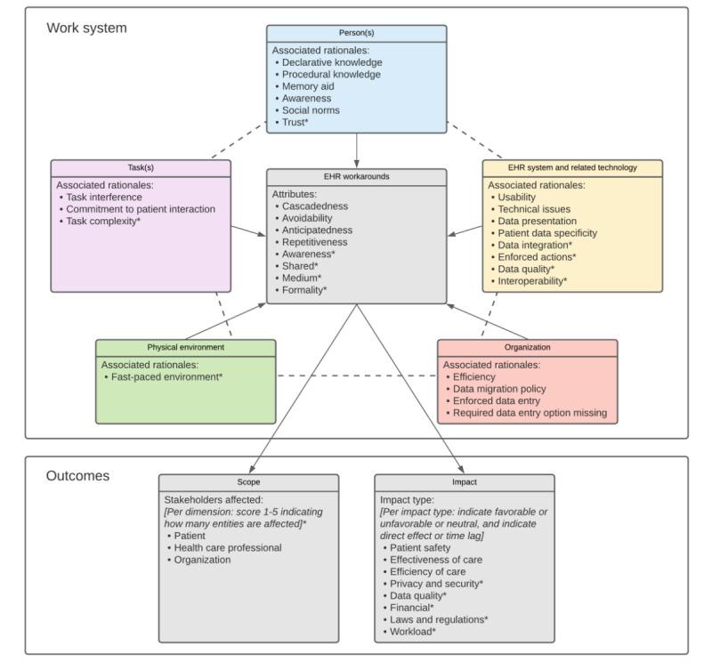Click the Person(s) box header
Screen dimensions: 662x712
point(356,33)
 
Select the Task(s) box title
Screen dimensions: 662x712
point(141,167)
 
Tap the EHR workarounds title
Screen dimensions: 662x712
point(356,177)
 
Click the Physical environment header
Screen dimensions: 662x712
point(185,347)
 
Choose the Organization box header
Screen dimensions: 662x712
point(527,347)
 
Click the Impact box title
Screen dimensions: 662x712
point(464,481)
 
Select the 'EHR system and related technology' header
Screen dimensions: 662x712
point(572,167)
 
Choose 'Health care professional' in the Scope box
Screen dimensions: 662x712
point(227,547)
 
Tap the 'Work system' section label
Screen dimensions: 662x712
point(86,28)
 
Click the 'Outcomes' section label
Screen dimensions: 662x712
point(77,476)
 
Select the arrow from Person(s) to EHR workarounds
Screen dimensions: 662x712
point(356,149)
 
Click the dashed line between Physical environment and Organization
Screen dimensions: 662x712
point(356,376)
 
